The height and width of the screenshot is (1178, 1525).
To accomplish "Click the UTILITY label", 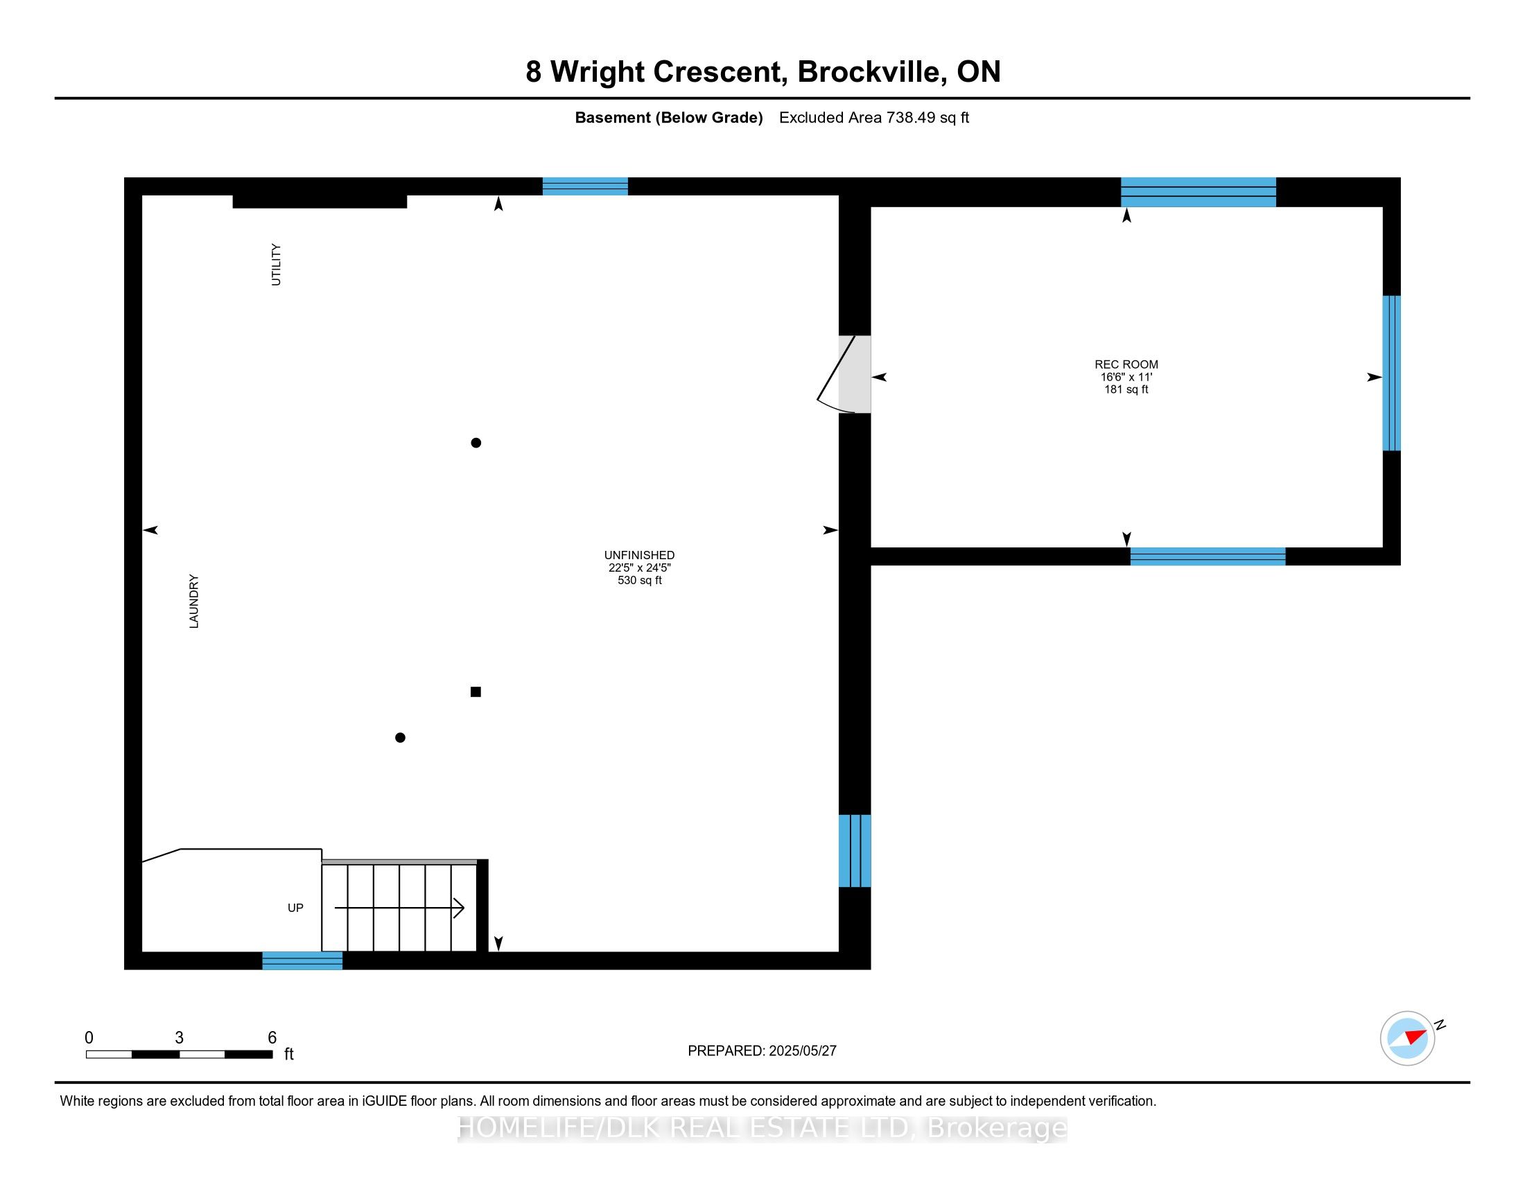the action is (276, 265).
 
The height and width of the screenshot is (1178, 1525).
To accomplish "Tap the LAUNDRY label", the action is (193, 601).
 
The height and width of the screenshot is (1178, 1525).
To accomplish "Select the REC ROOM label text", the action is (1126, 364).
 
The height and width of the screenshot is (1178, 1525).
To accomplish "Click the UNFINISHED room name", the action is (639, 556).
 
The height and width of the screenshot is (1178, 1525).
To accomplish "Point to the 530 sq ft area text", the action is (640, 581).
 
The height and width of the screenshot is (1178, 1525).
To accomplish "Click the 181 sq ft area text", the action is (1126, 389).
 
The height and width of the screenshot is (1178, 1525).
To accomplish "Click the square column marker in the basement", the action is (476, 692).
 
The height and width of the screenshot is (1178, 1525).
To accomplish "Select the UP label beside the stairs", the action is (295, 908).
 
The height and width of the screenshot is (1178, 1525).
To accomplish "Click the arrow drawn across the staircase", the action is (399, 908).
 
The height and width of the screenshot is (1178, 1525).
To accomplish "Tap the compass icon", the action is (1408, 1039).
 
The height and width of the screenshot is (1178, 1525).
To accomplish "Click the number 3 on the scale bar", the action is (179, 1038).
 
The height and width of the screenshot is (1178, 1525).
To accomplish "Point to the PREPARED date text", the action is (762, 1051).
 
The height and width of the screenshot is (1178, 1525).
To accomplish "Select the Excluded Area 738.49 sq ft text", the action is (874, 118).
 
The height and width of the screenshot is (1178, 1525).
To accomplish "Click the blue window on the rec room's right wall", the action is (1392, 373).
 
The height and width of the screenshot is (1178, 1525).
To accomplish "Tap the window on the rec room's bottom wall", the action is (1208, 556).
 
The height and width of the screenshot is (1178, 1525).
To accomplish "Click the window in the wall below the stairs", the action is (302, 961).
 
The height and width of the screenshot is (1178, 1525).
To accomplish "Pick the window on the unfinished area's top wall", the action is (585, 186).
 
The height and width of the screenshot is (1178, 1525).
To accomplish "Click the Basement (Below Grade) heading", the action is (669, 118).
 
